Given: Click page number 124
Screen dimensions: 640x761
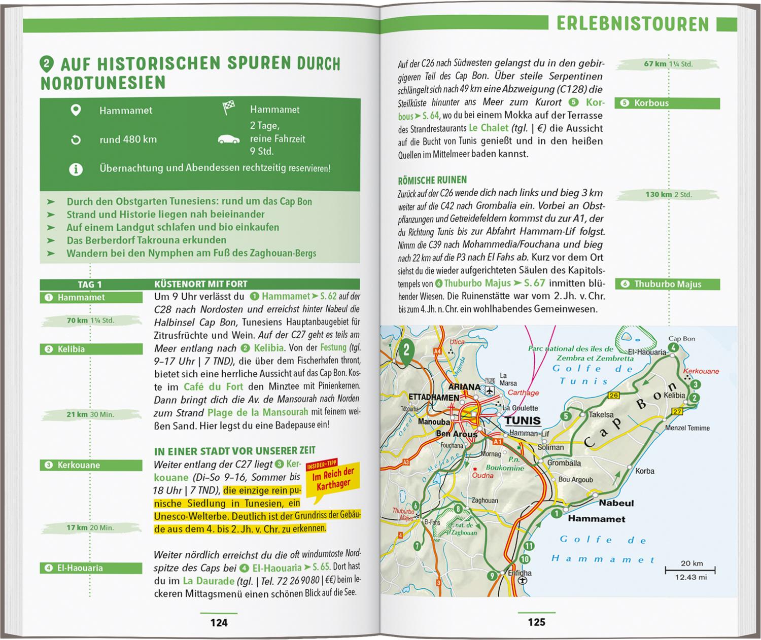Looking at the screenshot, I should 219,622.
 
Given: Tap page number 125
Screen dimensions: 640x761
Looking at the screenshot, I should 536,622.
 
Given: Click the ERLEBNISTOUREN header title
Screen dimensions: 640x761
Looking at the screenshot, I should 633,24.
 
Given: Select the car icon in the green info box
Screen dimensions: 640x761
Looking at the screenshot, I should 228,139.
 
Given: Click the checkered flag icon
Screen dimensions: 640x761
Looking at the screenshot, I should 228,109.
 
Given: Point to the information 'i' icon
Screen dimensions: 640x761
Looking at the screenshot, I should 76,169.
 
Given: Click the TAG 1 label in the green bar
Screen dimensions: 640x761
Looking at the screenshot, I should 90,285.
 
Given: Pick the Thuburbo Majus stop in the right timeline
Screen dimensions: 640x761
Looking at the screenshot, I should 667,284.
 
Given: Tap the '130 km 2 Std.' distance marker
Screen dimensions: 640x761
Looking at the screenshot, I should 668,194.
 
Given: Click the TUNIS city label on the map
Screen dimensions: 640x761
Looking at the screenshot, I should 523,420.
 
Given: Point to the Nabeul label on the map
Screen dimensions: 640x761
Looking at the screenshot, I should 616,503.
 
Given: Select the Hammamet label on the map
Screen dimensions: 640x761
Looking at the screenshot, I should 596,519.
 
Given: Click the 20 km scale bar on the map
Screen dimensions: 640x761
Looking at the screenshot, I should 689,570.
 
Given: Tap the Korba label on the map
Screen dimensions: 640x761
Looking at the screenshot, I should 644,471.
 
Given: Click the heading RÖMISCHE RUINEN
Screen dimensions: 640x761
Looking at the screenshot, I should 432,180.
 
